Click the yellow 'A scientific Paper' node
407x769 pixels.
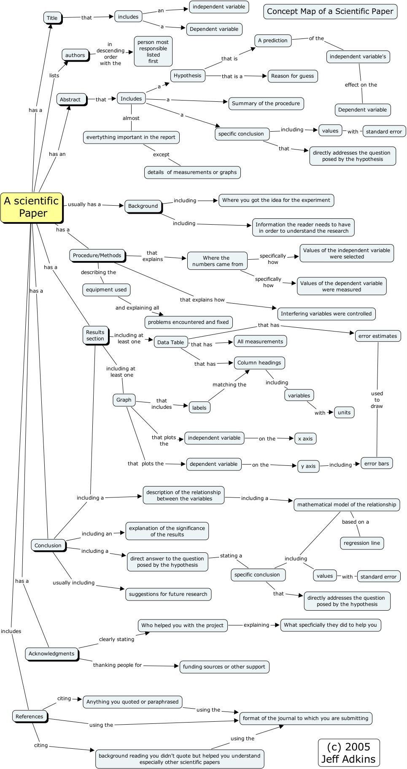[31, 207]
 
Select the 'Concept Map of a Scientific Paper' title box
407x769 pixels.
[330, 11]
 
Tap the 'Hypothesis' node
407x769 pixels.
[188, 76]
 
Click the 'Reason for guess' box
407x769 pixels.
[292, 76]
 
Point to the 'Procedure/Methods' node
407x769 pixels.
[97, 255]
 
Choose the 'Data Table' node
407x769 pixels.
[170, 342]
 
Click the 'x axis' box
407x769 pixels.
[305, 438]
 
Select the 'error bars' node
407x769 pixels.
[376, 463]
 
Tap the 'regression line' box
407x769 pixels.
[361, 543]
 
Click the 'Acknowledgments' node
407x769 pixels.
[51, 654]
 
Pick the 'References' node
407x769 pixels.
[30, 716]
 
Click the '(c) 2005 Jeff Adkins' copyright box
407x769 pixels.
[348, 753]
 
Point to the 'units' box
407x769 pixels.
[344, 413]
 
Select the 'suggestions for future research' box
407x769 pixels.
[168, 594]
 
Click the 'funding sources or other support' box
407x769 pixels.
[224, 667]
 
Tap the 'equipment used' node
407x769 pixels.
[106, 290]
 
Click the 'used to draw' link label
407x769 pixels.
[377, 399]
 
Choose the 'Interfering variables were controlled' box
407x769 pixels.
[326, 314]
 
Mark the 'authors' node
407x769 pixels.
[75, 55]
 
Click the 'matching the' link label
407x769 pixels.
[229, 384]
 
